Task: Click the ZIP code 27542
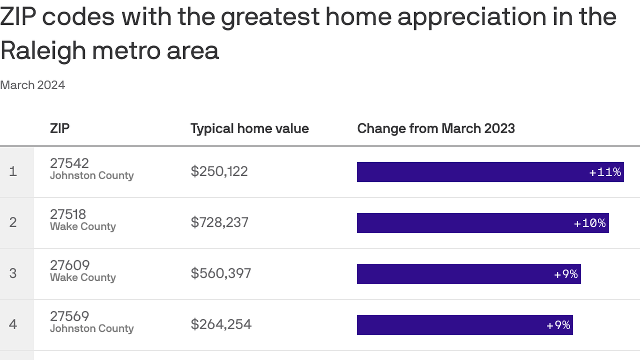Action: pos(69,163)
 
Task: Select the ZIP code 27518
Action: pos(68,214)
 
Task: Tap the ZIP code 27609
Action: pos(70,265)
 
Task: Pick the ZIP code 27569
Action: pos(69,316)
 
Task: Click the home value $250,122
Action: pos(219,172)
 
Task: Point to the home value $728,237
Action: pos(219,223)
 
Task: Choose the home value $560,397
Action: pos(221,274)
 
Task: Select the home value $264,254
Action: pos(221,324)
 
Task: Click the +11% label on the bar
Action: pos(605,172)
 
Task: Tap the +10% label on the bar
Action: pos(590,223)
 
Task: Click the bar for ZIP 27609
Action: pos(469,274)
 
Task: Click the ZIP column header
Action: pos(60,128)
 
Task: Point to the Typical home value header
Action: pos(249,129)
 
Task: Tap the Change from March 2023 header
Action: pos(436,129)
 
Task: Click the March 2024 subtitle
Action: pos(33,85)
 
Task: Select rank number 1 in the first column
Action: pos(13,172)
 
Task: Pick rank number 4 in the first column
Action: pos(13,324)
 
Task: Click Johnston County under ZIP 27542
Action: pos(92,176)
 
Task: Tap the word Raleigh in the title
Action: pos(42,51)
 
